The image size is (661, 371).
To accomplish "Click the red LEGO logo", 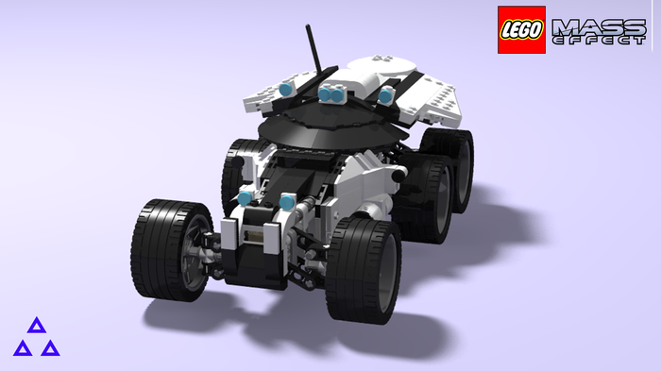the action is coord(521,29).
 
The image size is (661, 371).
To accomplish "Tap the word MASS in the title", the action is coord(599,27).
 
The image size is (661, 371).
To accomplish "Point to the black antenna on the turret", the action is coord(314,49).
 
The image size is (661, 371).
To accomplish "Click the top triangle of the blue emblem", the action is coord(37,326).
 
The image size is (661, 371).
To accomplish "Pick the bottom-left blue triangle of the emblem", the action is coord(23,348).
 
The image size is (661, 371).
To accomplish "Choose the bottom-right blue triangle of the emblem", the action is coord(51,348).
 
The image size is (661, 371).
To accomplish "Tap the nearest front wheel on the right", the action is coord(364,270).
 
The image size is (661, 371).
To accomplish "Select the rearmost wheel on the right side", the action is coord(451,169).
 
